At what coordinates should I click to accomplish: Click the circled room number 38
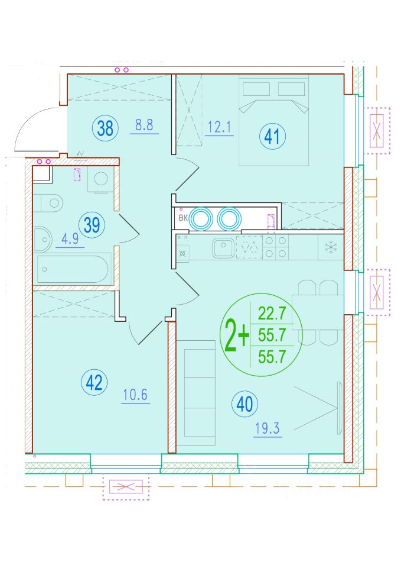105,128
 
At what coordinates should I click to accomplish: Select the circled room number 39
92,225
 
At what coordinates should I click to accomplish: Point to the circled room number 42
94,382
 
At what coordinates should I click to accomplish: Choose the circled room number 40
245,404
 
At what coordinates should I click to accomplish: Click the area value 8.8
144,125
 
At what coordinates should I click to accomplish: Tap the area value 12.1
220,128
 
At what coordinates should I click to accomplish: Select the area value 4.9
70,239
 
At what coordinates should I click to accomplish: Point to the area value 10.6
135,395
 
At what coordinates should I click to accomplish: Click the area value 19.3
268,428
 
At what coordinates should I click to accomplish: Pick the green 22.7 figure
272,313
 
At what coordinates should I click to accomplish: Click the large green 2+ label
237,335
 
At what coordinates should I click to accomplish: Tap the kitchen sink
224,248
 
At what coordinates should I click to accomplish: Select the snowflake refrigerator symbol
331,248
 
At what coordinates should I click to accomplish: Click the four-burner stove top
276,247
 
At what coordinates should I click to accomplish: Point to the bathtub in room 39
73,269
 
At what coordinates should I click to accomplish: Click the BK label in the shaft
183,218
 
